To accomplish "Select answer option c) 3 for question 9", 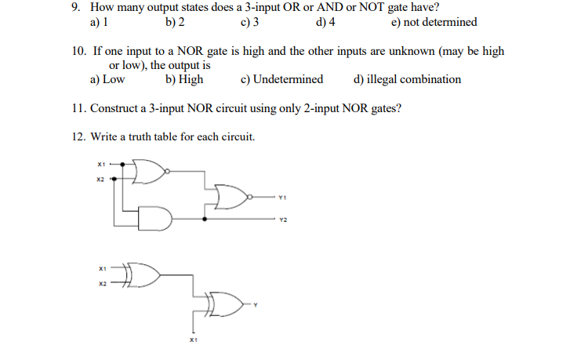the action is (x=250, y=22).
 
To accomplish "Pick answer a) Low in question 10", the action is (x=107, y=79).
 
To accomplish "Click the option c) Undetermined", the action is (x=282, y=79).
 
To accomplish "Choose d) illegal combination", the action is (x=408, y=79).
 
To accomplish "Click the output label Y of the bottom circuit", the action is (x=255, y=305).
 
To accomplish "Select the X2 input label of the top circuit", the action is (x=100, y=180).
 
